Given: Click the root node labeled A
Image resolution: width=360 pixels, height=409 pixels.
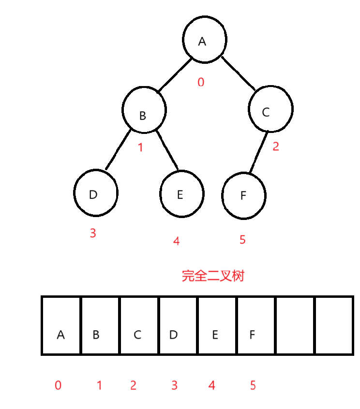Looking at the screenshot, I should point(204,41).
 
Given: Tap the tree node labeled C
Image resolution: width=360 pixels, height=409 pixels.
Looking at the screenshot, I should point(270,109).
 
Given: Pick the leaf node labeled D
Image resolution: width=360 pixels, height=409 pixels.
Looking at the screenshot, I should point(96,192).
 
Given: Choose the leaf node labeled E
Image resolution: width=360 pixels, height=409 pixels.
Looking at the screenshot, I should point(181,193).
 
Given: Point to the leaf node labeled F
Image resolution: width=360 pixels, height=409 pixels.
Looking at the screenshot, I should point(244,195).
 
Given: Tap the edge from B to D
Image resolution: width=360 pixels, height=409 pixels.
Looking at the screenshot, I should point(118,150).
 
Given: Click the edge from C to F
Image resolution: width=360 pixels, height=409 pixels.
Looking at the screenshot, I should point(258,153).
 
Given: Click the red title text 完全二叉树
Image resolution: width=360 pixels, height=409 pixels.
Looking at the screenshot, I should point(213,276).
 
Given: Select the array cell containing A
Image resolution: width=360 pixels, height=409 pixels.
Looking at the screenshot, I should point(61,326).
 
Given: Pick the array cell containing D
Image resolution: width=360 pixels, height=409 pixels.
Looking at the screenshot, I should point(178,326).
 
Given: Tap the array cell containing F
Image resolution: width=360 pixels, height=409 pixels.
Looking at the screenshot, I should point(256,326).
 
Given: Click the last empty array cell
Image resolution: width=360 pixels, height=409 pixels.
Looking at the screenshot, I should point(334,326).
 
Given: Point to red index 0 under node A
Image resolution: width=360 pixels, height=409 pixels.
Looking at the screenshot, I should point(201,82).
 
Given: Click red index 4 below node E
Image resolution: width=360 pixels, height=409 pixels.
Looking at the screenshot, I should point(176,241).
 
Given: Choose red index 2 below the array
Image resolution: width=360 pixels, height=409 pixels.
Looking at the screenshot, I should point(133,385).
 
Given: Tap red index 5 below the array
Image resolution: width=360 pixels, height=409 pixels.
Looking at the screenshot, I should point(253,385).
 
